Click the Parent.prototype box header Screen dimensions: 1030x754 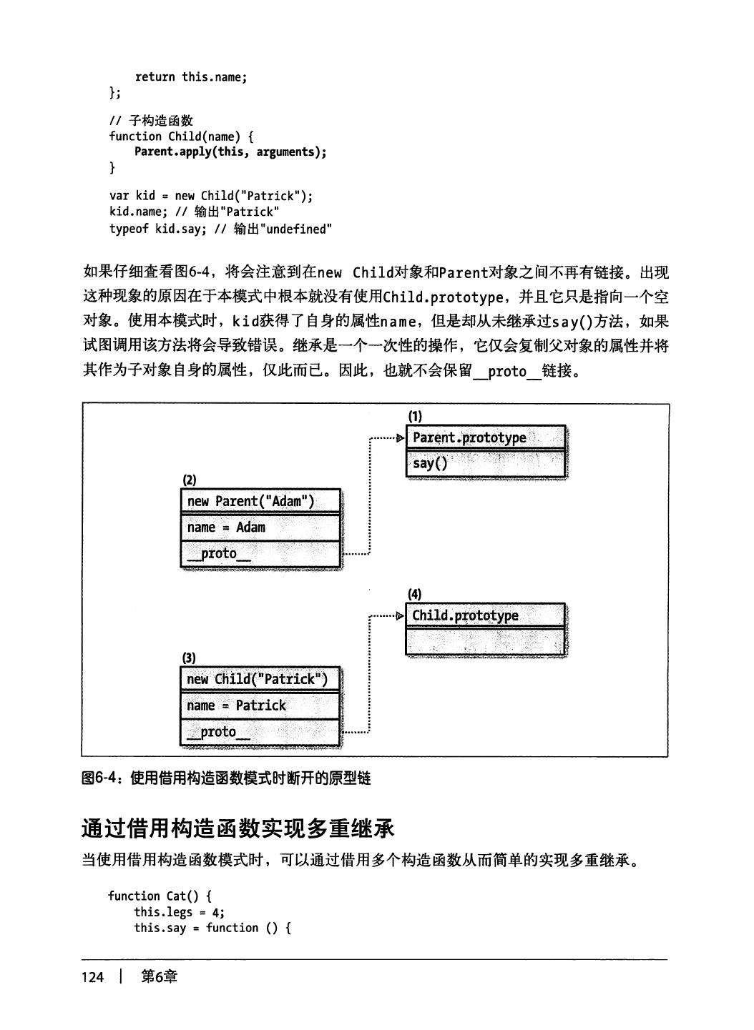click(485, 437)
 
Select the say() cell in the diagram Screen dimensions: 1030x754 click(485, 463)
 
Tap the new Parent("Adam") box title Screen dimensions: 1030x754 click(260, 501)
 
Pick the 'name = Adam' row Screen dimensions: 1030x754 click(260, 528)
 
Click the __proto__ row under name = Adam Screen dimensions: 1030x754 click(260, 554)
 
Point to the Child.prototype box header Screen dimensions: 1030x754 click(485, 615)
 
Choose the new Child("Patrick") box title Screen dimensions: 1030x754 click(260, 679)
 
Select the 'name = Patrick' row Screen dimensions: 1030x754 click(260, 705)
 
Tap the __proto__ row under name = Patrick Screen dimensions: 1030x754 click(260, 732)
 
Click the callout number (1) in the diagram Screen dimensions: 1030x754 click(415, 416)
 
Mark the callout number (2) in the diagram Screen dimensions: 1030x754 click(189, 480)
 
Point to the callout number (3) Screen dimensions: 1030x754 click(189, 658)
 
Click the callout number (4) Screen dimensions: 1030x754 click(415, 594)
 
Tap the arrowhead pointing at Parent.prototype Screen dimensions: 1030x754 click(400, 437)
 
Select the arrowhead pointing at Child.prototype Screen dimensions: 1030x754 click(400, 615)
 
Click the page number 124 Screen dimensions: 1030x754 click(93, 977)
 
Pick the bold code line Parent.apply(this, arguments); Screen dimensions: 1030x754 click(230, 152)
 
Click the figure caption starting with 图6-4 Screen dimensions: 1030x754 click(226, 778)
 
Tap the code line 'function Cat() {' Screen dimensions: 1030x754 click(160, 896)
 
